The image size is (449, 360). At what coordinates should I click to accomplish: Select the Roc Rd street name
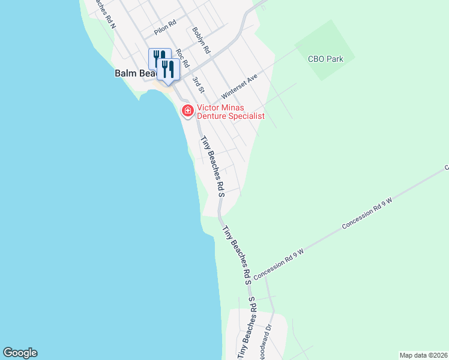(x=182, y=56)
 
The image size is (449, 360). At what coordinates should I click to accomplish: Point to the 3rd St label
(x=199, y=84)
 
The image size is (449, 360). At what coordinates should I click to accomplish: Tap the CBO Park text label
(x=325, y=59)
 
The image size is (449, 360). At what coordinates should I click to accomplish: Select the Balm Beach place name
(x=133, y=73)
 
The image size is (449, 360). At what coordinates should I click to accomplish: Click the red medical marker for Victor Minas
(x=187, y=110)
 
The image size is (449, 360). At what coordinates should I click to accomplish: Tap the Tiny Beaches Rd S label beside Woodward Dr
(x=247, y=329)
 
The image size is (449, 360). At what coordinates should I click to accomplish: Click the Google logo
(x=20, y=353)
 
